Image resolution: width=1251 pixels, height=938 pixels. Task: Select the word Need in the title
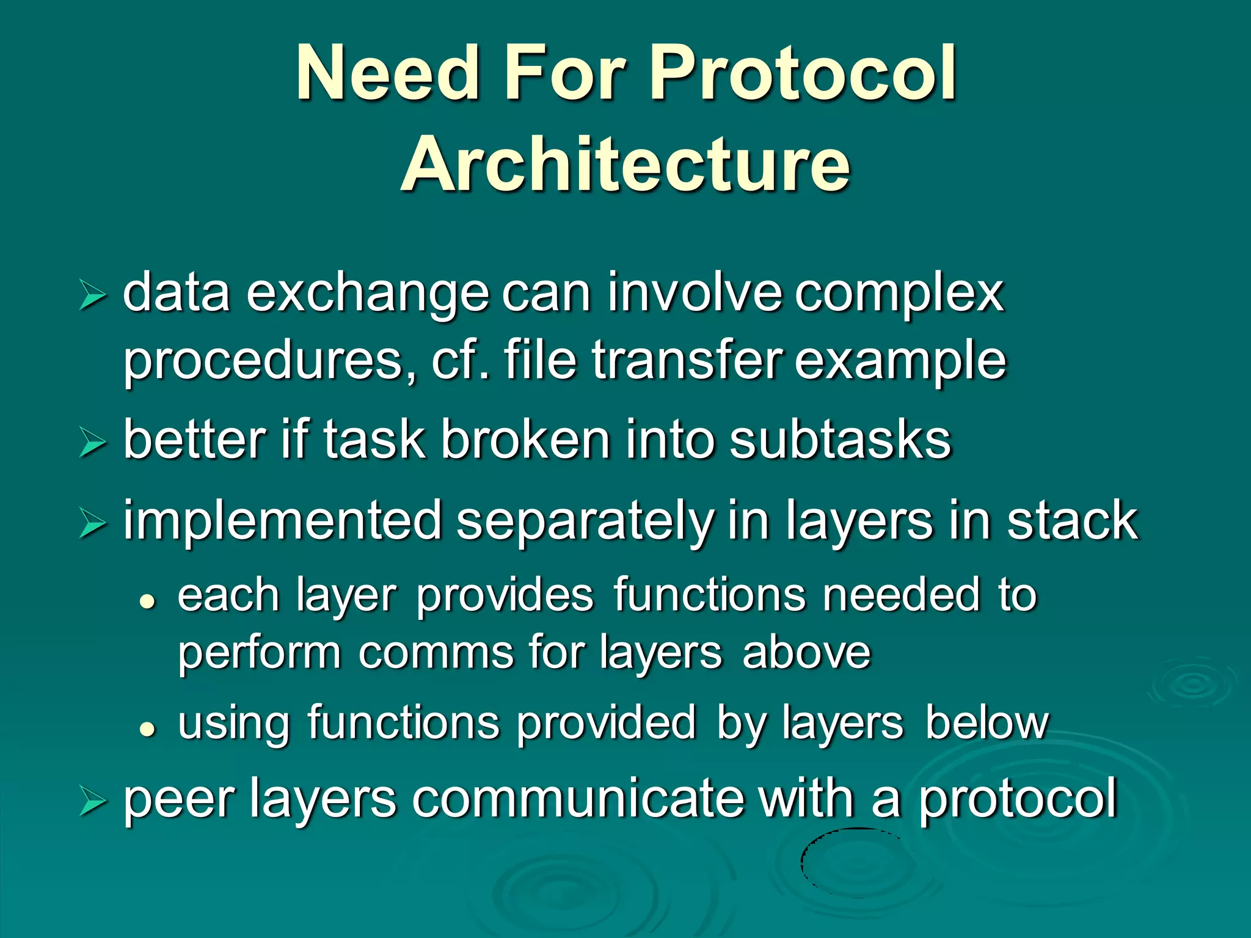click(x=386, y=75)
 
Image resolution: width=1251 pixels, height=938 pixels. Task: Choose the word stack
click(x=1073, y=521)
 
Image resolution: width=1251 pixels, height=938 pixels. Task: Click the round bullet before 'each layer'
click(x=147, y=602)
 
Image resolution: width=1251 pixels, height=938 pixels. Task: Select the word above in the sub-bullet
click(x=806, y=653)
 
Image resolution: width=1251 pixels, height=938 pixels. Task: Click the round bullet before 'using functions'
click(x=147, y=729)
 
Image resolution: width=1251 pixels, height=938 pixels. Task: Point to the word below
click(x=986, y=723)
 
